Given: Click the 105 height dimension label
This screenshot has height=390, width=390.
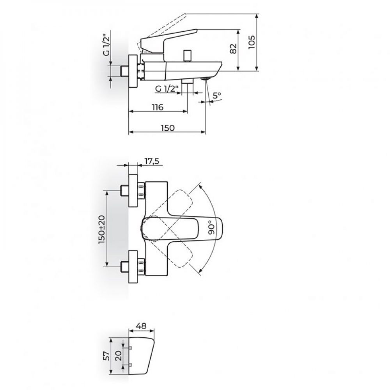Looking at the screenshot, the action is click(x=252, y=42).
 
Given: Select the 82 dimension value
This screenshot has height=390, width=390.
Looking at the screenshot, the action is click(x=233, y=49).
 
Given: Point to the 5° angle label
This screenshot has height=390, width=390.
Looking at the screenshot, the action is click(x=217, y=95).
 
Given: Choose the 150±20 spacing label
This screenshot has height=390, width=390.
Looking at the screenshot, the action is click(x=102, y=229).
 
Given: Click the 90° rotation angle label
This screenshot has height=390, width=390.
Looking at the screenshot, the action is click(x=211, y=227).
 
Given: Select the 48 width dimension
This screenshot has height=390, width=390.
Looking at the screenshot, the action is click(x=142, y=326).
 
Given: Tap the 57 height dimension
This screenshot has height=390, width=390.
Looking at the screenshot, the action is click(x=106, y=356).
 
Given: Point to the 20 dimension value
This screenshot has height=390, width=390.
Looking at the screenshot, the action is click(x=119, y=356).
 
